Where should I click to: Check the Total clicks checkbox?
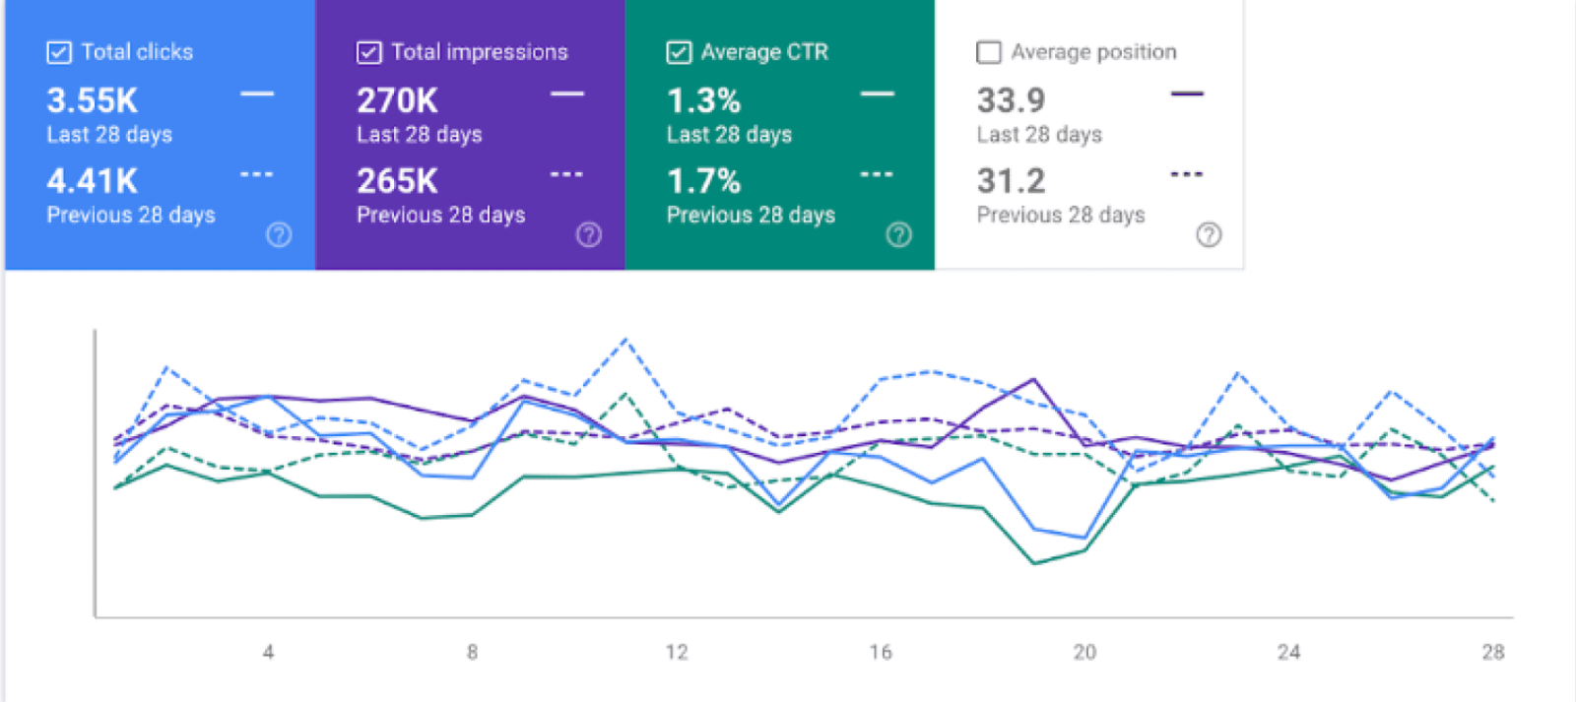pos(59,52)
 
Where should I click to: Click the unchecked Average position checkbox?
pos(988,52)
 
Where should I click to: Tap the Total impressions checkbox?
pos(368,52)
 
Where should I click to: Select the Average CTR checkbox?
pos(679,52)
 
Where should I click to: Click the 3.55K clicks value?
pos(93,100)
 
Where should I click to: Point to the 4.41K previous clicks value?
pos(93,181)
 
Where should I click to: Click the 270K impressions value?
pos(397,100)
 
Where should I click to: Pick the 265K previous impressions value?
pos(397,181)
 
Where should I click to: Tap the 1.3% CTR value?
pos(703,100)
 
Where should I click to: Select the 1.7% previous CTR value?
pos(703,181)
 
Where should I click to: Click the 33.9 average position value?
pos(1011,100)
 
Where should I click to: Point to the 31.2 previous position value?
pos(1011,181)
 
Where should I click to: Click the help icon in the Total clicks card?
pos(279,234)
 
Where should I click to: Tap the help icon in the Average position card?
pos(1209,234)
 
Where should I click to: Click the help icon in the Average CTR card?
pos(898,234)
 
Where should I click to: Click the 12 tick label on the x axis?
pos(677,652)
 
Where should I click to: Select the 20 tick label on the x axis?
pos(1084,652)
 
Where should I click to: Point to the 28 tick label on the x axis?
pos(1493,652)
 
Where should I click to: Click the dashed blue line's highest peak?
pos(625,340)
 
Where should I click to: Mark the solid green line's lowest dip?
pos(1034,563)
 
